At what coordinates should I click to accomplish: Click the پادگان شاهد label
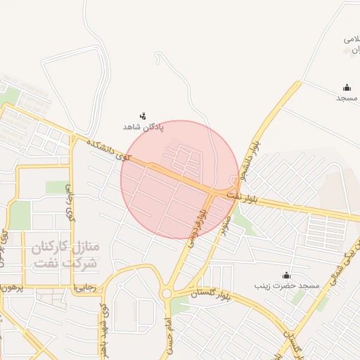(143, 127)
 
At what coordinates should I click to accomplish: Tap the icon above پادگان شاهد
(143, 115)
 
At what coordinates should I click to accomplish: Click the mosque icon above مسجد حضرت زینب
(286, 275)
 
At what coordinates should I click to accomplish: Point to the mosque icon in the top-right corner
(347, 88)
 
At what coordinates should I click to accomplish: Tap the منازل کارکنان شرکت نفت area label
(66, 256)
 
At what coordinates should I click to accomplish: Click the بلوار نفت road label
(247, 196)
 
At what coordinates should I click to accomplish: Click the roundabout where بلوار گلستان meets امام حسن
(167, 294)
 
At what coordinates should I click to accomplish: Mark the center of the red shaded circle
(179, 179)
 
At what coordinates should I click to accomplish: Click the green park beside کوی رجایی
(56, 187)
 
